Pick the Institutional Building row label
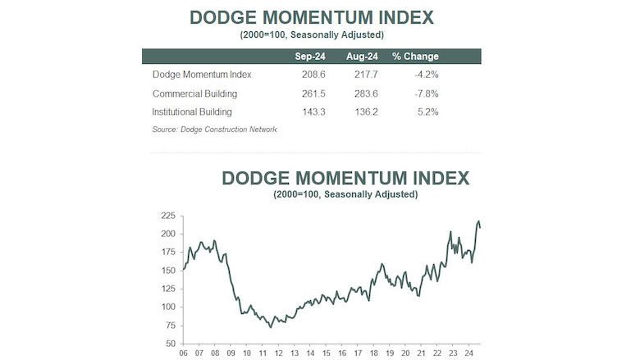192,112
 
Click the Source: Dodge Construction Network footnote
214,130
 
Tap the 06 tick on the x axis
185,353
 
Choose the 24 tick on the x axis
466,353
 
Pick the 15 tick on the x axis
326,353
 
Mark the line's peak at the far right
478,221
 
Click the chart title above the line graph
345,178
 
